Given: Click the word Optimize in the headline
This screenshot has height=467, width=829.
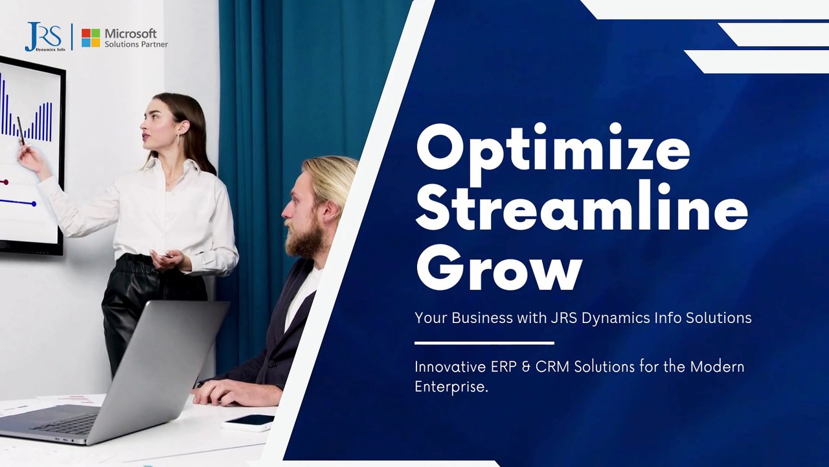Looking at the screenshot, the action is (553, 152).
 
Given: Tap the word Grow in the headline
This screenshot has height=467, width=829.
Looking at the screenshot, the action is (499, 267).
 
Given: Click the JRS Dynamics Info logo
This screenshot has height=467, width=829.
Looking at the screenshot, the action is (45, 37).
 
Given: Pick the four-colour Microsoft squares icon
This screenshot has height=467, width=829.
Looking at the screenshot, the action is (91, 38).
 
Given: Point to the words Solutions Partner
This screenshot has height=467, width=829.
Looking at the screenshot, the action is (136, 45).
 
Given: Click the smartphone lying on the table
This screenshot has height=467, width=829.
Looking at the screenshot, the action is (248, 422).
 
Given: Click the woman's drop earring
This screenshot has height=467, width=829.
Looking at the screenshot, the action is (177, 139).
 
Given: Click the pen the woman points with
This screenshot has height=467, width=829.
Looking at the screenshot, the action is (21, 130).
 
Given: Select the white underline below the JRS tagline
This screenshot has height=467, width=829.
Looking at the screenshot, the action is (484, 343).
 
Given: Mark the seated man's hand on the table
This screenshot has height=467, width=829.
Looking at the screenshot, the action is (237, 393).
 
